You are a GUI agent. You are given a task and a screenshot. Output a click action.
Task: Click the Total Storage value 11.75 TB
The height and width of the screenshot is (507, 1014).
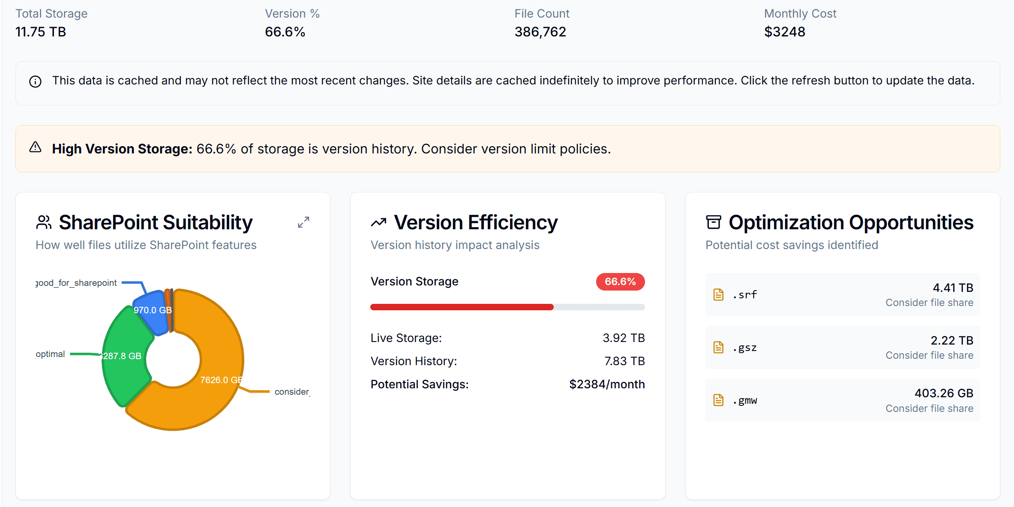click(x=41, y=32)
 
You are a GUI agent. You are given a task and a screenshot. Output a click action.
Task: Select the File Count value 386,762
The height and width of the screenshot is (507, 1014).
click(x=540, y=32)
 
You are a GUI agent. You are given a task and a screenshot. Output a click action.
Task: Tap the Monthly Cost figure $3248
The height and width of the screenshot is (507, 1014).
click(x=784, y=32)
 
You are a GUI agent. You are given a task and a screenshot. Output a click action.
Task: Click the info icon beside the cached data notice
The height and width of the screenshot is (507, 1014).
click(x=35, y=81)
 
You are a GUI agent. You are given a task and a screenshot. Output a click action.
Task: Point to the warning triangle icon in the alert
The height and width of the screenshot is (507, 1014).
click(x=35, y=148)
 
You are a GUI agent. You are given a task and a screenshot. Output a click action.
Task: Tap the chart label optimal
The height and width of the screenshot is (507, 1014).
click(x=50, y=354)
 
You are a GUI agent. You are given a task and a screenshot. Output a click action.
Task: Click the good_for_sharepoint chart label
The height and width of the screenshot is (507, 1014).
click(x=76, y=283)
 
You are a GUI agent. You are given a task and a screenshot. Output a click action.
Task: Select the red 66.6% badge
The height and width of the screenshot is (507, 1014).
click(x=620, y=282)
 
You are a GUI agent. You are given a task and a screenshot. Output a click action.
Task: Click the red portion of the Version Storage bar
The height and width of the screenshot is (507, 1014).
click(x=462, y=307)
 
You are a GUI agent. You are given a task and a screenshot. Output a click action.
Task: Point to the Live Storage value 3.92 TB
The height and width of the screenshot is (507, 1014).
click(x=623, y=338)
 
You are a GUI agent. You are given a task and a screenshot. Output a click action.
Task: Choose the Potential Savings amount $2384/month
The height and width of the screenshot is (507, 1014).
click(x=606, y=384)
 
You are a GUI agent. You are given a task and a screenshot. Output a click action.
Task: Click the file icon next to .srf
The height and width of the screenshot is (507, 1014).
click(x=718, y=294)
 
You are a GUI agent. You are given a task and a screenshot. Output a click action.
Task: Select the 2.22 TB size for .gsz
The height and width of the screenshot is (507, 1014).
click(x=951, y=340)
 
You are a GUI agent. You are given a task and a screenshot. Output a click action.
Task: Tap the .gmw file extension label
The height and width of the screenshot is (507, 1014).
click(x=745, y=400)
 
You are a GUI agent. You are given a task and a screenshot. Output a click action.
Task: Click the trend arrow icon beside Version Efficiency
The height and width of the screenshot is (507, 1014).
click(x=378, y=222)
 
